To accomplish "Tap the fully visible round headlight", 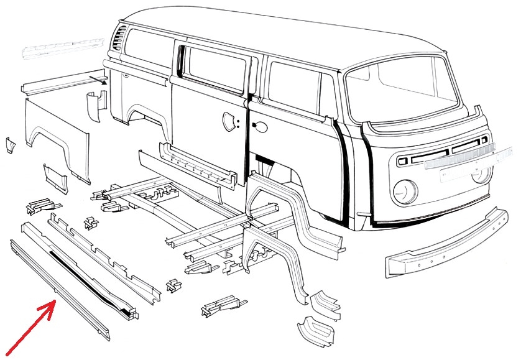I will [x=404, y=190].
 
